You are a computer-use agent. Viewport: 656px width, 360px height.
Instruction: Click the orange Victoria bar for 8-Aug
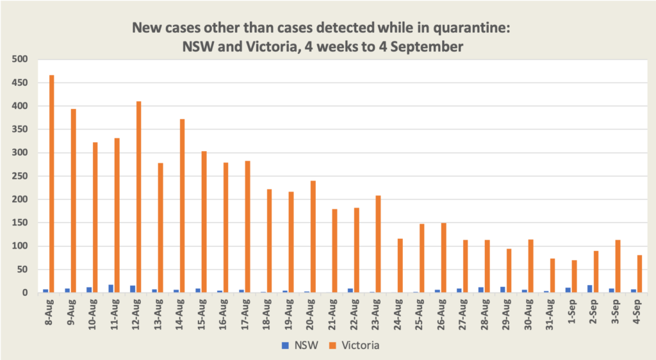click(x=52, y=184)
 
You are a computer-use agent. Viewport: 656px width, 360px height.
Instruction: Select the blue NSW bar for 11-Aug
click(x=111, y=288)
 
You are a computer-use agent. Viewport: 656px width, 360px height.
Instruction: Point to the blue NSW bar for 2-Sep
click(x=590, y=289)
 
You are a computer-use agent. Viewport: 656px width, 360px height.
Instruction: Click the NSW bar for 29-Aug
click(x=503, y=290)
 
